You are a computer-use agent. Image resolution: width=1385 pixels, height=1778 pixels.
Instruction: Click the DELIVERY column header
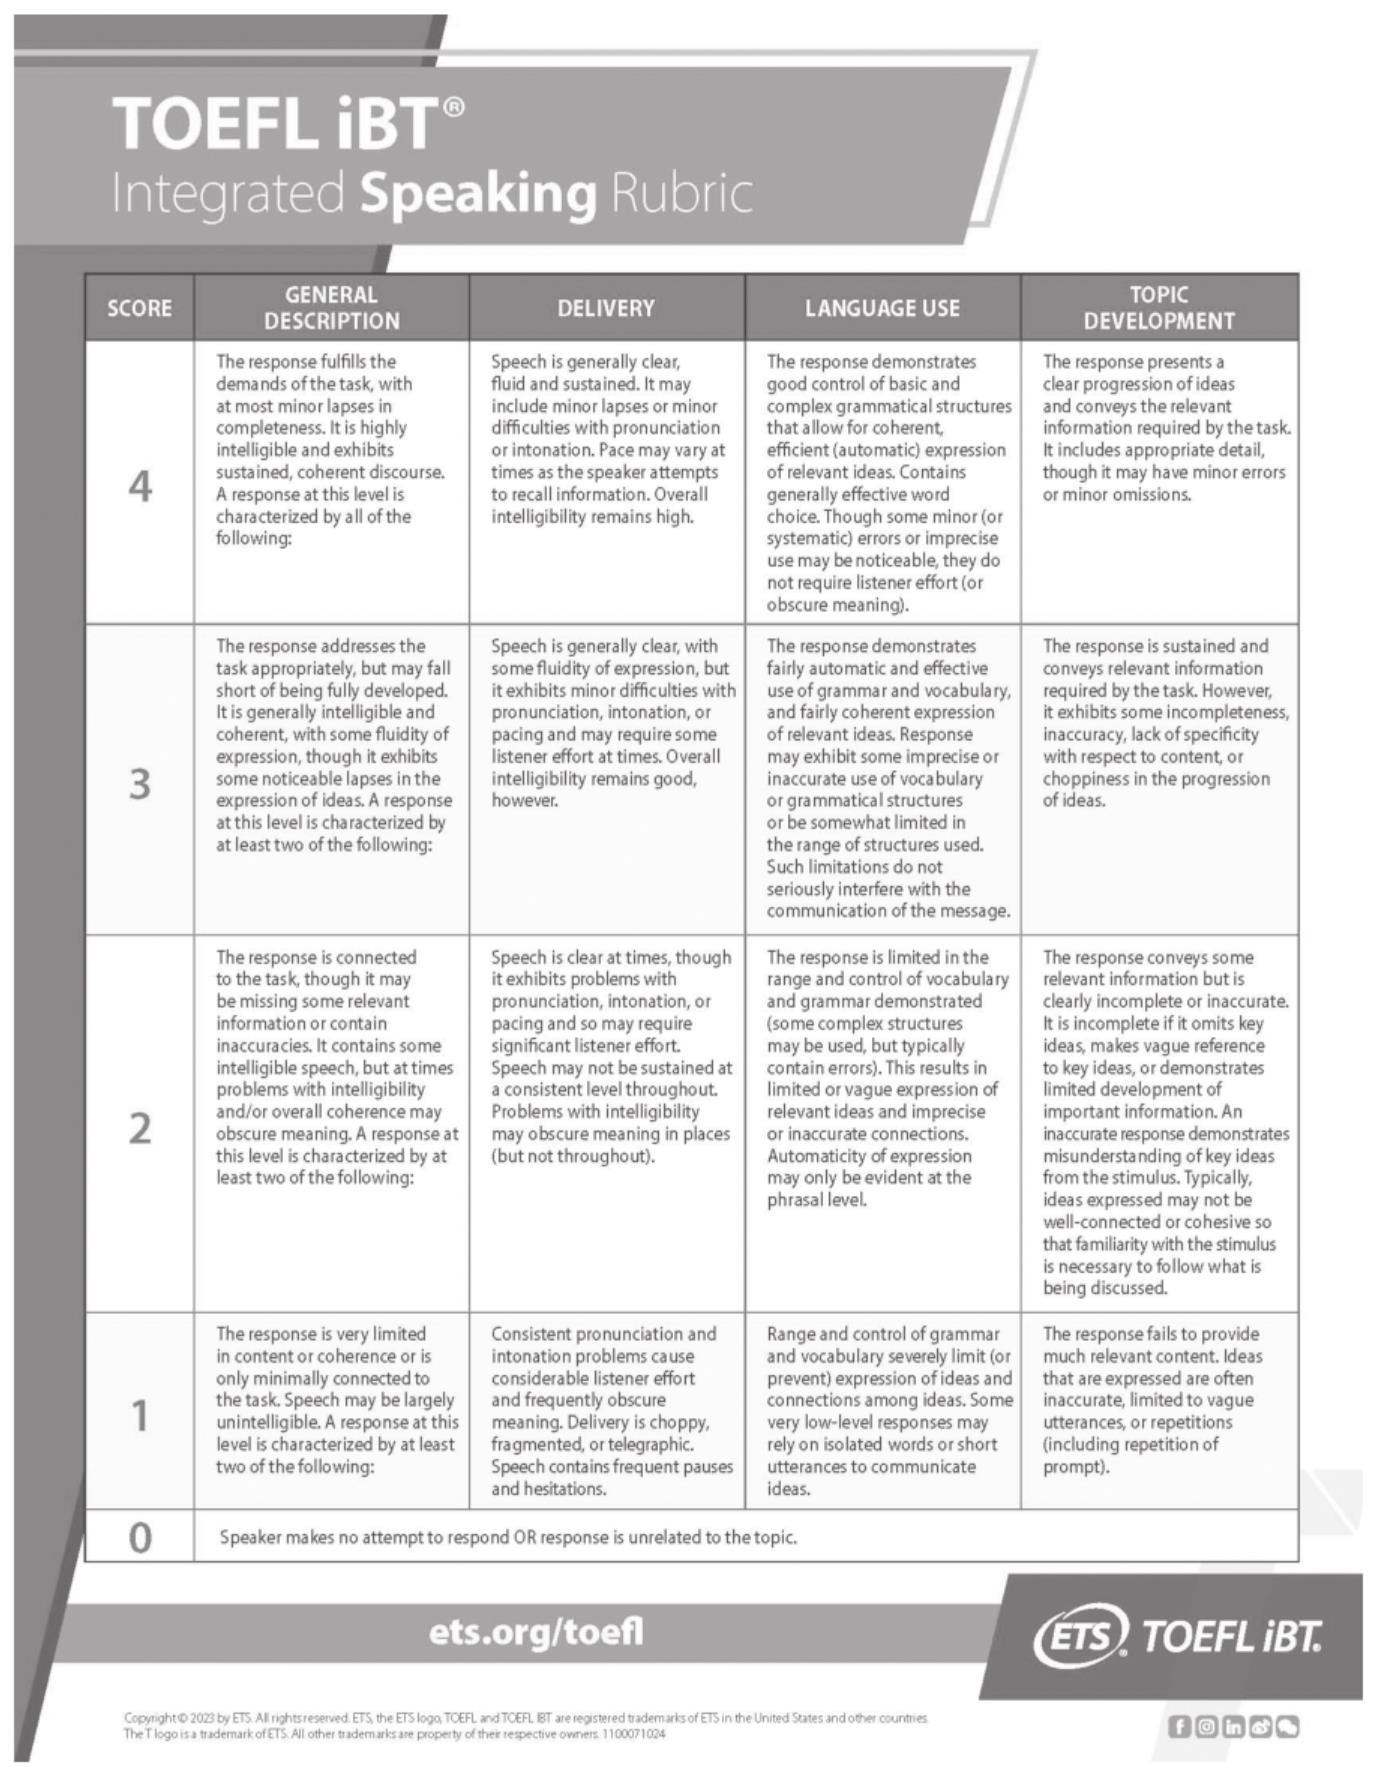[x=606, y=308]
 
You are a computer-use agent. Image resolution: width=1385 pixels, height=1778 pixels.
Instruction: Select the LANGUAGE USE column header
[x=882, y=308]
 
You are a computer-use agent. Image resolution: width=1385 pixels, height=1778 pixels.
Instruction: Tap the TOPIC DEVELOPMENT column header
[x=1159, y=308]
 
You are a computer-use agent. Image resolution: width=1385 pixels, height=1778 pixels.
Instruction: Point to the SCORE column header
[x=139, y=308]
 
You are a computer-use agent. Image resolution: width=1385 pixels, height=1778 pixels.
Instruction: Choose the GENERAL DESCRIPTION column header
[x=331, y=308]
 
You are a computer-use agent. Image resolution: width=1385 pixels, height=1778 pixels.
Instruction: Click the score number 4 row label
[x=140, y=487]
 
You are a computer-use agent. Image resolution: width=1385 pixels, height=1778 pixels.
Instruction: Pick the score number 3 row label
[x=140, y=784]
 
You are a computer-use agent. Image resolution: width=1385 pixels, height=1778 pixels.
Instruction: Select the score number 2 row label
[x=140, y=1128]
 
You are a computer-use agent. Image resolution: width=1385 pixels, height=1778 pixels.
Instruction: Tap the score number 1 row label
[x=140, y=1415]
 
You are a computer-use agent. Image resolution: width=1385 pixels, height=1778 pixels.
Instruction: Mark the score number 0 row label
[x=140, y=1537]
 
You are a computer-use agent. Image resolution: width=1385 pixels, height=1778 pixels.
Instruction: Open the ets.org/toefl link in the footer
[x=536, y=1632]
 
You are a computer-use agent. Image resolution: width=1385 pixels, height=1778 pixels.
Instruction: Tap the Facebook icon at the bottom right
[x=1180, y=1727]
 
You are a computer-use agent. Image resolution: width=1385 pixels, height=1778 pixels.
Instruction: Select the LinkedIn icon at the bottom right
[x=1234, y=1727]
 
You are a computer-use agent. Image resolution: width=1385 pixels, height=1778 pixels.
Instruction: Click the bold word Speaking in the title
[x=478, y=193]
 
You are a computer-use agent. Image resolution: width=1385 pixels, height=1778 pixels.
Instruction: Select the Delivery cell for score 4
[x=606, y=439]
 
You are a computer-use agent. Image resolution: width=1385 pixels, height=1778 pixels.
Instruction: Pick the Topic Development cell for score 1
[x=1159, y=1400]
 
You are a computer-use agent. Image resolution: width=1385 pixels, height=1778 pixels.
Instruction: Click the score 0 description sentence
[x=508, y=1537]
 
